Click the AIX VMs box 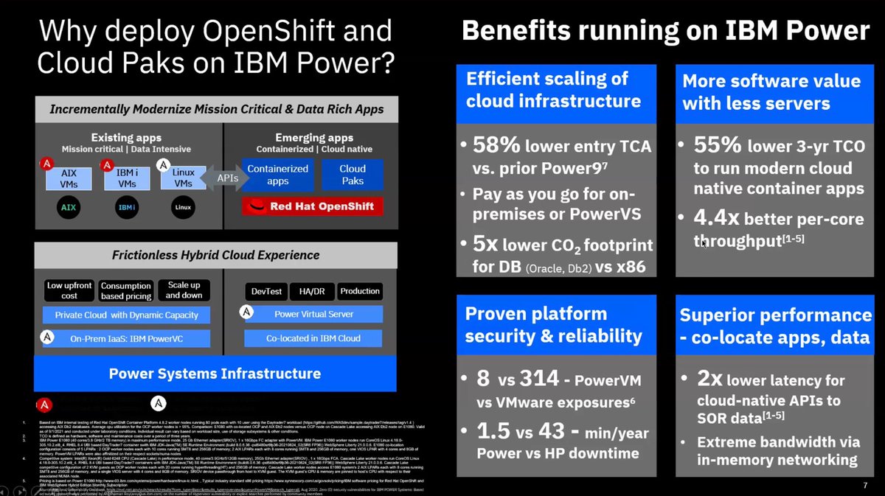[68, 179]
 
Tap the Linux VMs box [184, 179]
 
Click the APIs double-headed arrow [226, 178]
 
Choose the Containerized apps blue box [277, 174]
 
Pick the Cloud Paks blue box [352, 174]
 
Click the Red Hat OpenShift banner [312, 206]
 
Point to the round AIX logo [68, 207]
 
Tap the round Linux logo [183, 207]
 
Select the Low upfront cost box [69, 290]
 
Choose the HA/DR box [313, 291]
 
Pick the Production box [360, 291]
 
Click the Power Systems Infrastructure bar [215, 373]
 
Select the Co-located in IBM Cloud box [313, 338]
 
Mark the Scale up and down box [183, 290]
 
